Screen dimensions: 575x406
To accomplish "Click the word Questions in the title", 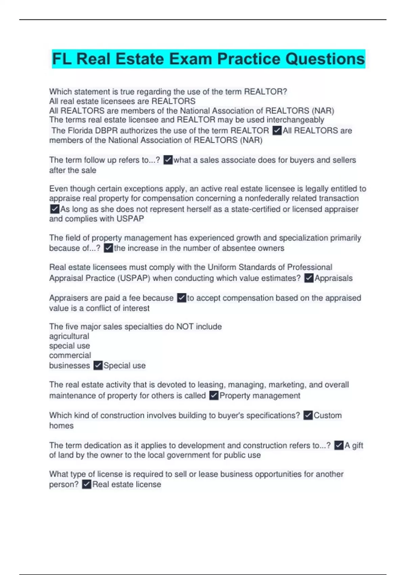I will click(x=325, y=59).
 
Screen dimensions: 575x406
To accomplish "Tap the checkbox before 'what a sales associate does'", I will click(x=168, y=160).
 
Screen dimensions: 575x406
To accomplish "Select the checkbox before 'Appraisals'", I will click(x=309, y=278).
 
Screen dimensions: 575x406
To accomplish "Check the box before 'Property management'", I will click(x=214, y=395).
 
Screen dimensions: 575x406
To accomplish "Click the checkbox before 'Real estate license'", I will click(x=87, y=484).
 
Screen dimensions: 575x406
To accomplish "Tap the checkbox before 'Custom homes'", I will click(x=308, y=415).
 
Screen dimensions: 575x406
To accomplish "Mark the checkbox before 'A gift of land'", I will click(x=339, y=445).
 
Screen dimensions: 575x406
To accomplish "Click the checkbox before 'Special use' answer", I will click(x=98, y=366).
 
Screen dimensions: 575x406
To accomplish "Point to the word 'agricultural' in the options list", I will click(x=69, y=336).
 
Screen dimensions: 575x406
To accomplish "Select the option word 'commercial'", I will click(x=70, y=355).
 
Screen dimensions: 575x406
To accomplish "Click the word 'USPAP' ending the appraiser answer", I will click(x=130, y=219).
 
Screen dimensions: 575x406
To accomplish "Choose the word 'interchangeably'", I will click(x=295, y=120).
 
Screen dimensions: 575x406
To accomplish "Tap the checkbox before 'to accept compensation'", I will click(x=182, y=298).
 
